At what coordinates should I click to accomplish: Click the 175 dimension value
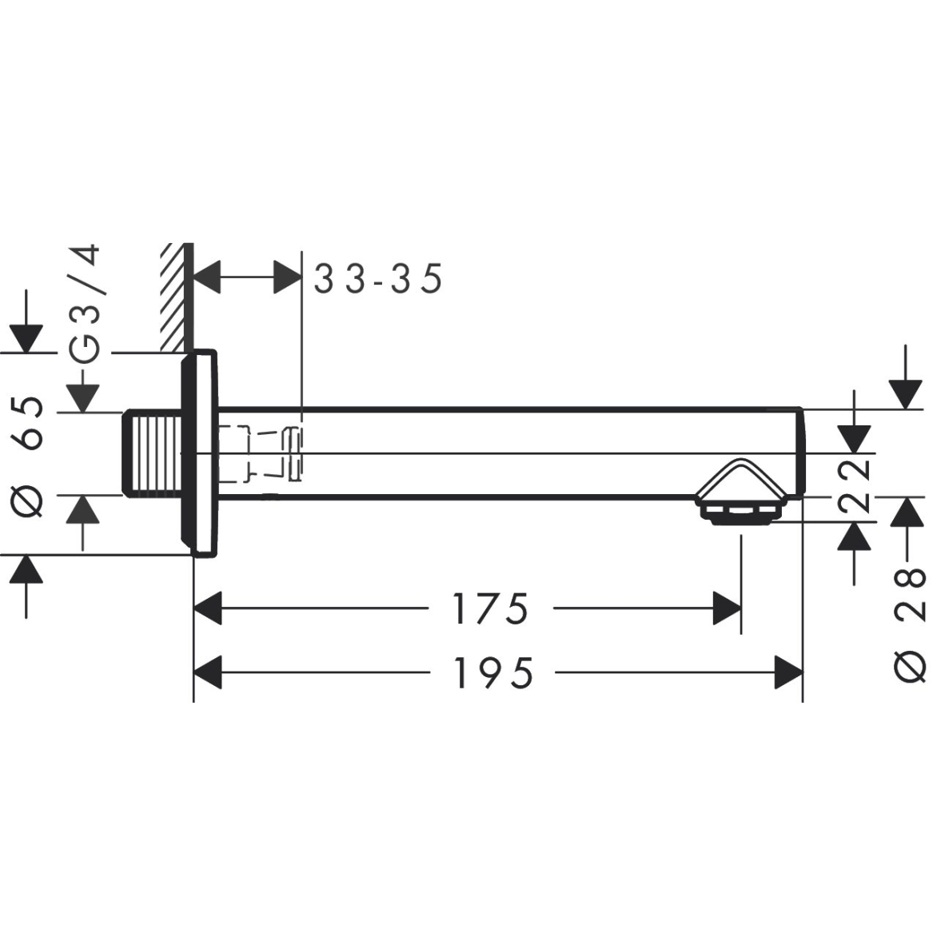[490, 609]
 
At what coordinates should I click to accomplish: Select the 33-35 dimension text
[377, 280]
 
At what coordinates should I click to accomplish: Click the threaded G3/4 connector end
[150, 453]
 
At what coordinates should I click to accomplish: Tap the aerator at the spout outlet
[740, 512]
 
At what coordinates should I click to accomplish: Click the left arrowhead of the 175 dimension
[209, 609]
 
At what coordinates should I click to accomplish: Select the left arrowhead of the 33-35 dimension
[209, 277]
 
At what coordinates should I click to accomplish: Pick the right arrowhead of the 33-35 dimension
[287, 277]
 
